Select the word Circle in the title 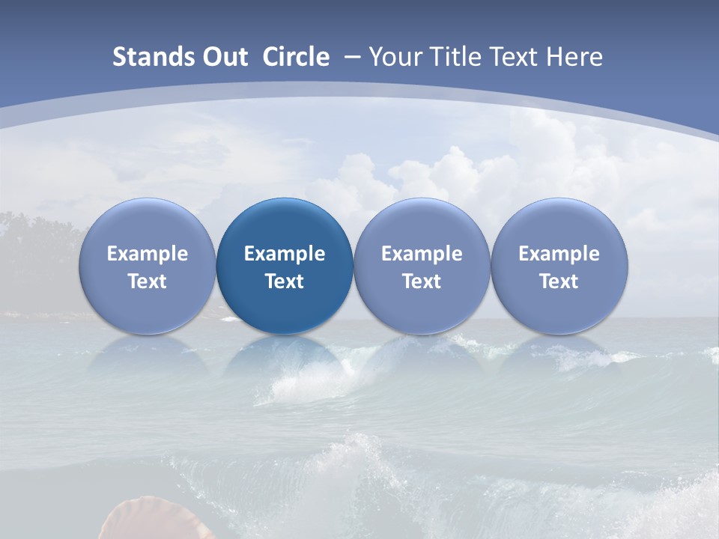(296, 57)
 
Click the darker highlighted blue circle (285, 267)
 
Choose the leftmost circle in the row (147, 267)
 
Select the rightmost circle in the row (559, 267)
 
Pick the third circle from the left (422, 267)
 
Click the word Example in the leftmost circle (147, 254)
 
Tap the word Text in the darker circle (285, 281)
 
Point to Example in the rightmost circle (559, 254)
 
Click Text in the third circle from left (422, 281)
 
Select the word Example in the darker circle (285, 254)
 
